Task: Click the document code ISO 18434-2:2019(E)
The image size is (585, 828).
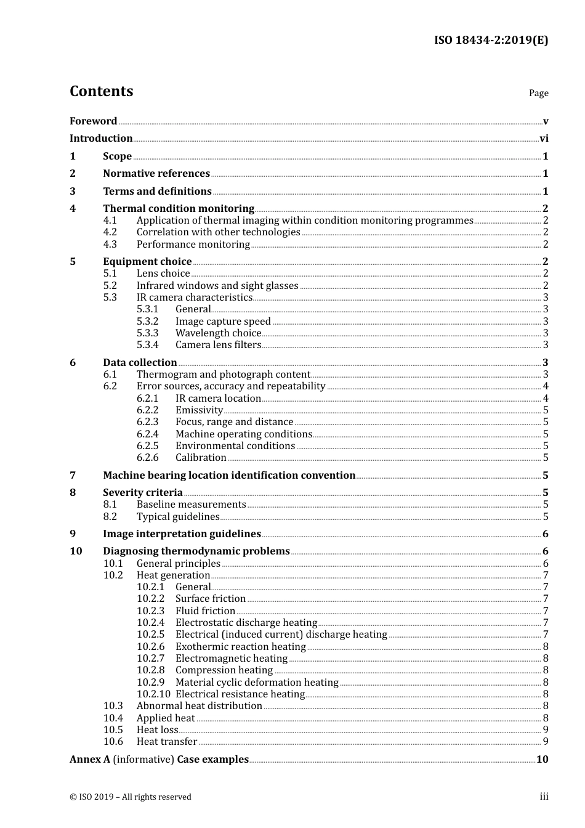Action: pos(491,41)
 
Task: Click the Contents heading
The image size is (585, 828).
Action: pos(101,91)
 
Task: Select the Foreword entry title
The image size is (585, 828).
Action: pos(93,121)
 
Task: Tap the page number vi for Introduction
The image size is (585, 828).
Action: pos(544,139)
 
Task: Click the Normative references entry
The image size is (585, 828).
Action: pos(156,174)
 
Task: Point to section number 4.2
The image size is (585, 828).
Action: pos(110,232)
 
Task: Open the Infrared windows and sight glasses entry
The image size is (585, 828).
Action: pos(217,286)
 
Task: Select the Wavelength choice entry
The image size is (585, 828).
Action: pos(218,333)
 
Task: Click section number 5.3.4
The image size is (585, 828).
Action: pos(147,345)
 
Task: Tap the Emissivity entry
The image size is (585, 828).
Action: pos(199,410)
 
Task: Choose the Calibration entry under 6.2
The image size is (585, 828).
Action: pos(201,458)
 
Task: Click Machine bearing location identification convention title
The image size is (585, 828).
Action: pos(229,476)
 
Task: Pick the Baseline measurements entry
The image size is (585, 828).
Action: pos(191,505)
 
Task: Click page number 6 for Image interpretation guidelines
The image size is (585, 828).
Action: pos(545,534)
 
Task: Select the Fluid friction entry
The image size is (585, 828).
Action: pos(205,611)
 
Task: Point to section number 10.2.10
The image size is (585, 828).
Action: pos(153,694)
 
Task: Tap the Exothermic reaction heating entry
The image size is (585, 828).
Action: pos(240,647)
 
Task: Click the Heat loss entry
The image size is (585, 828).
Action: pos(157,730)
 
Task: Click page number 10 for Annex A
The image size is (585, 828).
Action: pos(542,760)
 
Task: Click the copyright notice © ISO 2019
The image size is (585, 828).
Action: pos(130,797)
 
